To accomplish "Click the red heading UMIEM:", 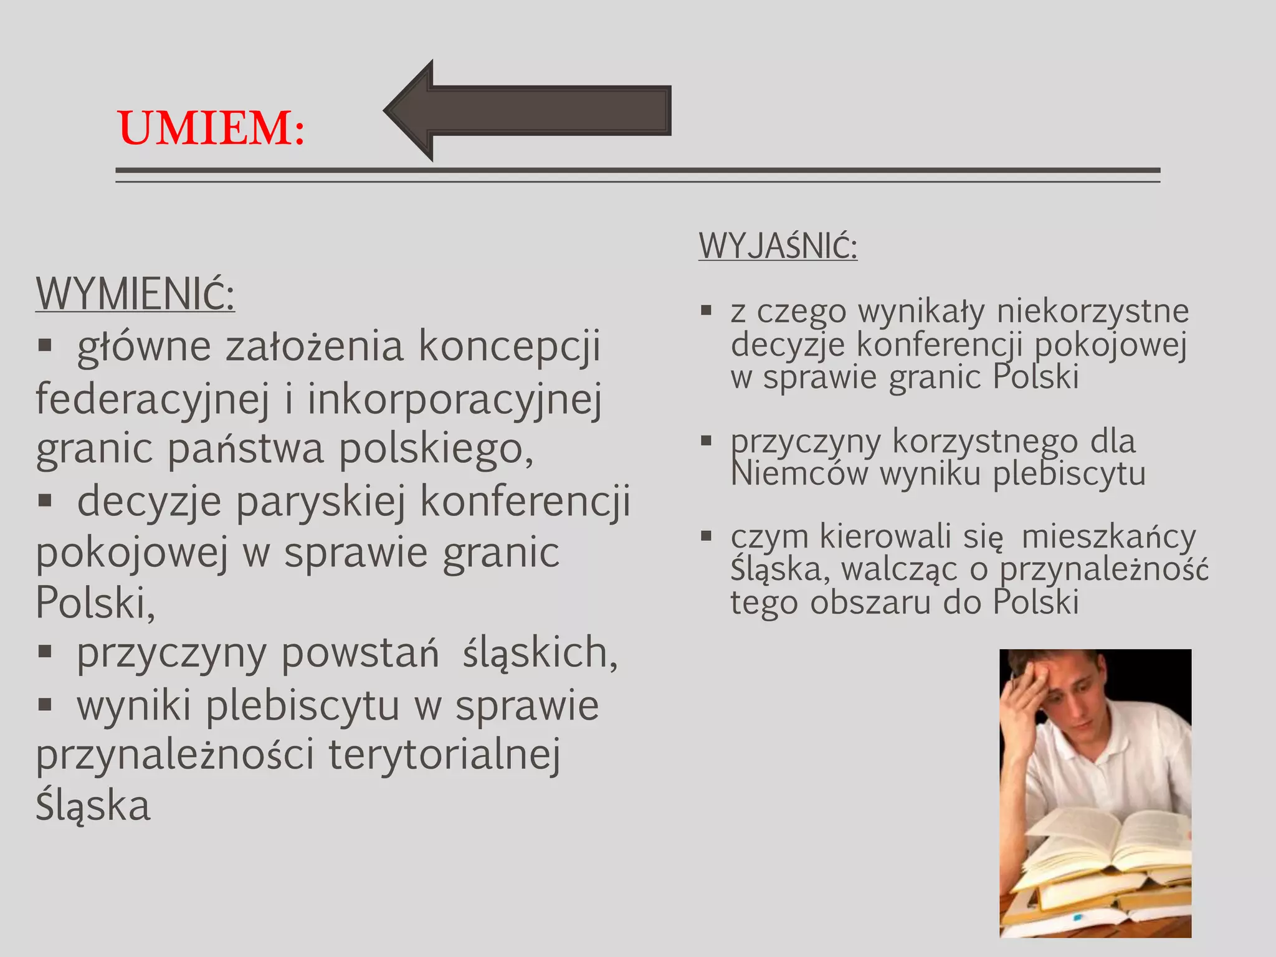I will [211, 128].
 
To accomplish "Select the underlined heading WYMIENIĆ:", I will [135, 294].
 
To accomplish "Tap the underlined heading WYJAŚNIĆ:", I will [778, 246].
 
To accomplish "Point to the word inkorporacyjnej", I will [454, 399].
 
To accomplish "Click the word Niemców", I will [799, 474].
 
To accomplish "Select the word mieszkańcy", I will [1108, 536].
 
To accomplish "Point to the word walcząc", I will [898, 569].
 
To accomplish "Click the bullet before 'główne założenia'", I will [44, 346].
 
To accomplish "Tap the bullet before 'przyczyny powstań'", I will [44, 652].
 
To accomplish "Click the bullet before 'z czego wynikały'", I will [706, 310].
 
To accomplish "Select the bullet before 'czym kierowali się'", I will [706, 536].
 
